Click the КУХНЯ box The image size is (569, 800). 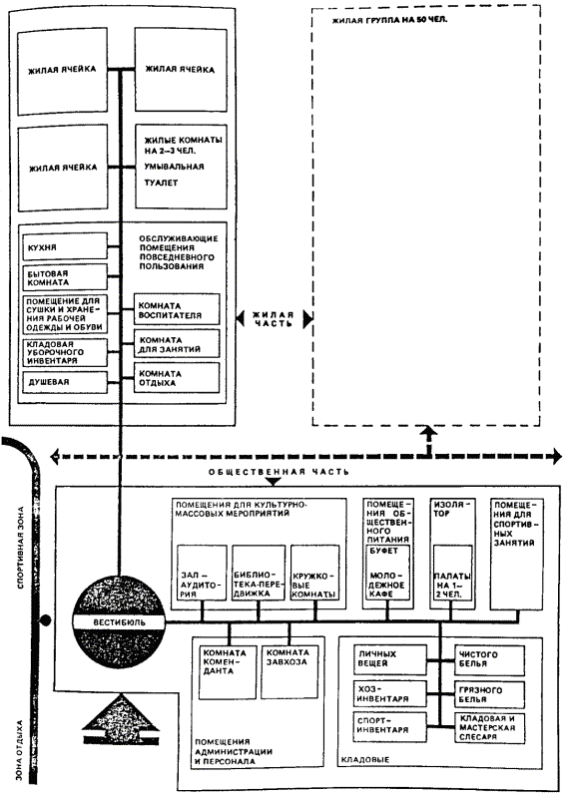(x=65, y=247)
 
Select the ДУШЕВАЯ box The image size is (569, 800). (x=65, y=382)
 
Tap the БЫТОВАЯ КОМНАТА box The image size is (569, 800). (x=65, y=277)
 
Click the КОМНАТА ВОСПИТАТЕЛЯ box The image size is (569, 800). (x=177, y=309)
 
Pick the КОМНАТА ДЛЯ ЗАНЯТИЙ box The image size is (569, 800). (x=177, y=344)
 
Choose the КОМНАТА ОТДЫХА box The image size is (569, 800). (x=177, y=377)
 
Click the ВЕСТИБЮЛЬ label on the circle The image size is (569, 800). (x=119, y=621)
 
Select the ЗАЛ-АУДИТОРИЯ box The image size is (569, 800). (x=203, y=573)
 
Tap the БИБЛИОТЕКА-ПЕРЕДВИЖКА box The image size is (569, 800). (x=259, y=573)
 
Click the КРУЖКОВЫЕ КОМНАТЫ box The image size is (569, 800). (x=314, y=573)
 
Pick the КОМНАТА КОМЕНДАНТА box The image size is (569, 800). (x=228, y=672)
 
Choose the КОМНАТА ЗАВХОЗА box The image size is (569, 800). (x=289, y=672)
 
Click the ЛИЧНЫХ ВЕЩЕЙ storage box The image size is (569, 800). (x=389, y=659)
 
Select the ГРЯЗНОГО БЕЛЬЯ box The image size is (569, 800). (x=489, y=694)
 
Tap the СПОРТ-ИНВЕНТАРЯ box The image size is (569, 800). (x=389, y=726)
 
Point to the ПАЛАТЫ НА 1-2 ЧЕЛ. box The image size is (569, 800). (x=452, y=573)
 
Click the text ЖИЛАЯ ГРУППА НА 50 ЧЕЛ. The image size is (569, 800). (x=389, y=21)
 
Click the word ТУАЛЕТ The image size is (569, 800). (x=161, y=183)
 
